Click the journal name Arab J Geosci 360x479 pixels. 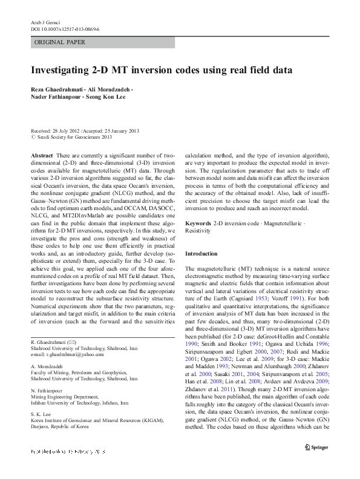click(45, 22)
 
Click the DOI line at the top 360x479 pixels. click(65, 28)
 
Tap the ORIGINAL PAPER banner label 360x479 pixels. click(60, 42)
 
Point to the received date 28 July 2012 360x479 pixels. click(67, 131)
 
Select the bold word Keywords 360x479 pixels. click(198, 223)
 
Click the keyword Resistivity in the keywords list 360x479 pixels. click(197, 231)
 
